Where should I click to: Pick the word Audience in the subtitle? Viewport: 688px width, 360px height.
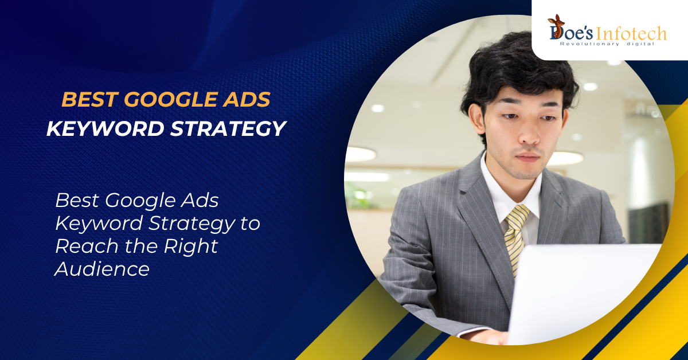(102, 268)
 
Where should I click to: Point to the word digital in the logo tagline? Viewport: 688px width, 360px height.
(640, 44)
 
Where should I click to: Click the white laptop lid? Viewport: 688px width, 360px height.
(585, 292)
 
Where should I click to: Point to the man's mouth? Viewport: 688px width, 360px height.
(527, 156)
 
